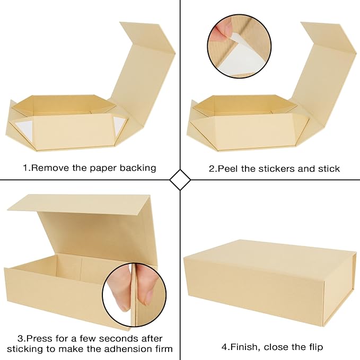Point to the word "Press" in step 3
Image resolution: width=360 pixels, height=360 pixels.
click(38, 338)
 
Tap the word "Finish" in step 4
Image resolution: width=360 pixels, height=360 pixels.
click(243, 347)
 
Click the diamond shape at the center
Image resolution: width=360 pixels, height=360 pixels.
click(180, 180)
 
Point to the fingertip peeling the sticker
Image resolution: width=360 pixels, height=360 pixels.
click(218, 32)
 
